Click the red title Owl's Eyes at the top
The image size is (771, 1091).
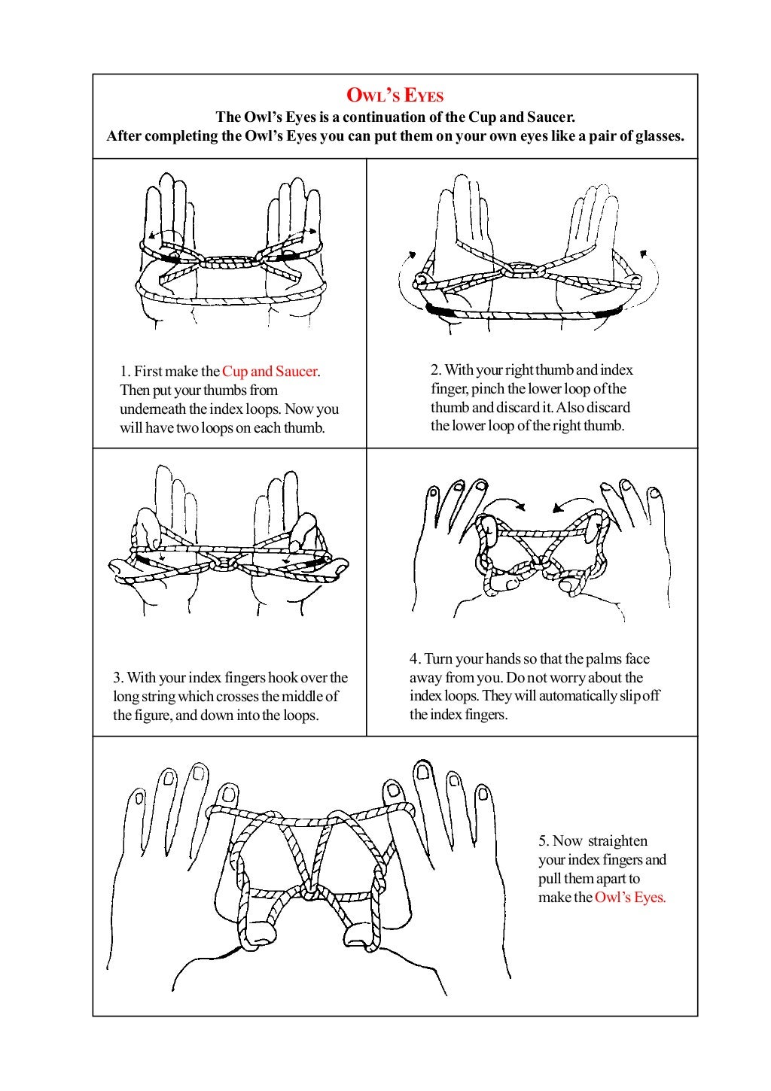pos(395,96)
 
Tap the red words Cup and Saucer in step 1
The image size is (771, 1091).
pos(270,371)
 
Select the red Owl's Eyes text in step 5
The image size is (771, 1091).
pos(630,897)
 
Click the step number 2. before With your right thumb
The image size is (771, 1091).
pos(436,370)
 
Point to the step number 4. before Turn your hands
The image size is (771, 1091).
pos(415,658)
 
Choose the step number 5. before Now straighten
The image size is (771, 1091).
pos(544,840)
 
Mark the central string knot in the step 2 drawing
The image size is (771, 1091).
pos(520,269)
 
